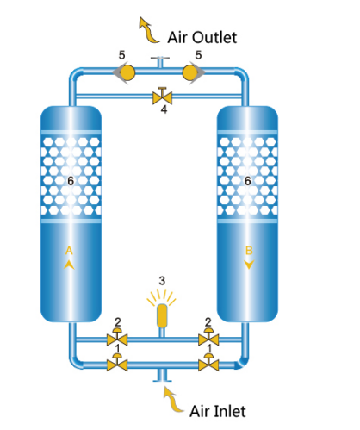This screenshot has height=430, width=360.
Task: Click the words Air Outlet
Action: coord(202,37)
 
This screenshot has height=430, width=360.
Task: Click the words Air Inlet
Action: coord(218,411)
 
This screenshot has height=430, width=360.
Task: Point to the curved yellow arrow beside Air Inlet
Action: coord(172,401)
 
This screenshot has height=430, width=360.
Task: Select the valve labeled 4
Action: coord(162,97)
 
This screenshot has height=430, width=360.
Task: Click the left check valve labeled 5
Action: coord(124,72)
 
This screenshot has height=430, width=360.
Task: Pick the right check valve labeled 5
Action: coord(194,72)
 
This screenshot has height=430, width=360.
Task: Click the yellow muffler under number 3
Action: coord(162,316)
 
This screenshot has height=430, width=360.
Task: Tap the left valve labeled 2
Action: coord(117,338)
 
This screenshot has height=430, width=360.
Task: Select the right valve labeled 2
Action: coord(208,338)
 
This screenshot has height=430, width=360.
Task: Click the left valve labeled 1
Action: coord(117,363)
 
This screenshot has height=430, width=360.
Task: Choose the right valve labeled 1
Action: coord(208,363)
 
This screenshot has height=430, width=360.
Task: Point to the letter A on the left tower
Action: coord(69,251)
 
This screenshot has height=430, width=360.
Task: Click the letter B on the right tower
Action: coord(249,251)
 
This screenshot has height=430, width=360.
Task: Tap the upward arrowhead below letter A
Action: coord(69,265)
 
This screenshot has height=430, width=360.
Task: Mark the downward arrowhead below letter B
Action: coord(249,265)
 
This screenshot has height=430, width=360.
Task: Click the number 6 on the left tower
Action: coord(71,181)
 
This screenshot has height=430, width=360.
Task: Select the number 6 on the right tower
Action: coord(247,181)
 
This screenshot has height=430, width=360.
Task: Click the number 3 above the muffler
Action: coord(162,281)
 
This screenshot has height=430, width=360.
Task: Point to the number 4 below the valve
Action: coord(164,109)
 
